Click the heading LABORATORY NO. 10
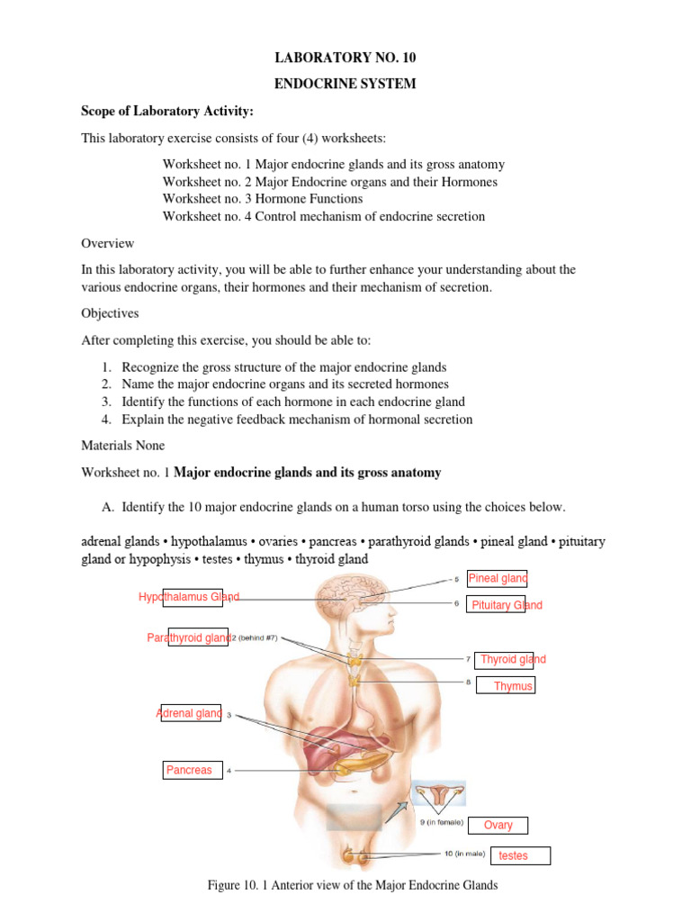[345, 59]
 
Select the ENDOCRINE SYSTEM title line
[345, 85]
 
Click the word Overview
[108, 243]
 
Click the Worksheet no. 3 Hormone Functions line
[263, 199]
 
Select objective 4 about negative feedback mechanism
[297, 420]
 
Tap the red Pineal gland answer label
[497, 578]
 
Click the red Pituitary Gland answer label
[507, 605]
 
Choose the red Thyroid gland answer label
[512, 659]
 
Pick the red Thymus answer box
[513, 686]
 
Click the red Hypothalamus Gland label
[189, 597]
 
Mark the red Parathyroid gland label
[189, 637]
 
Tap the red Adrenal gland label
[190, 713]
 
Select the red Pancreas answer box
[190, 770]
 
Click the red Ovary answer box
[498, 825]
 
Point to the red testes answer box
[513, 855]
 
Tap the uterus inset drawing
[440, 795]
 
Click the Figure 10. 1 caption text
[353, 886]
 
